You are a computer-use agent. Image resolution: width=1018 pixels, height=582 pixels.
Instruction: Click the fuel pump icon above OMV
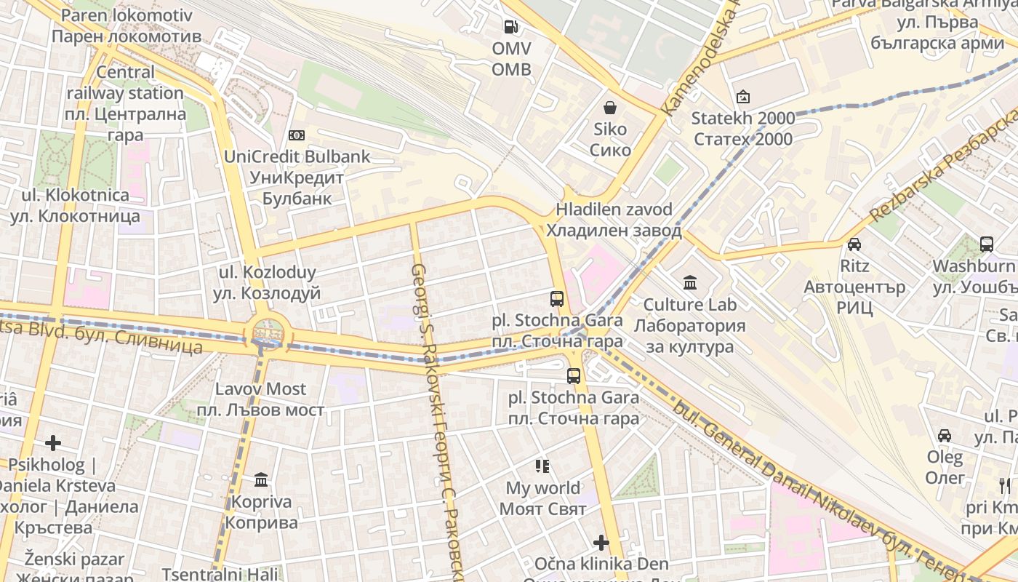coord(511,28)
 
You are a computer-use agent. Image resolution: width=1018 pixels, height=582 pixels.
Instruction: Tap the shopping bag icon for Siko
coord(610,108)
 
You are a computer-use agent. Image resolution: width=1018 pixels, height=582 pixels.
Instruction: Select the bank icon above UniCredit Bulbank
coord(297,135)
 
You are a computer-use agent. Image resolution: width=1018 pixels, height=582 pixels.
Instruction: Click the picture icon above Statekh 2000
coord(742,97)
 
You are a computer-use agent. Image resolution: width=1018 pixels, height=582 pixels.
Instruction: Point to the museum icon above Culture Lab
coord(689,282)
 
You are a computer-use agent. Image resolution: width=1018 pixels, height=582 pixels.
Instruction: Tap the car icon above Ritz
coord(854,244)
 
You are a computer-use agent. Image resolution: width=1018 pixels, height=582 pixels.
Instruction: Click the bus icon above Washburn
coord(986,244)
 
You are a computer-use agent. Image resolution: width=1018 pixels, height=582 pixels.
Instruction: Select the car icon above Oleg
coord(945,436)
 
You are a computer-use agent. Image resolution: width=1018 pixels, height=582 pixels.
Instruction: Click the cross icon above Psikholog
coord(53,442)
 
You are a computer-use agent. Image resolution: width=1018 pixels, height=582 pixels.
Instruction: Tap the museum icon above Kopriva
coord(261,480)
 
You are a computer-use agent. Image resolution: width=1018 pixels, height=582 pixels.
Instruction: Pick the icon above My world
coord(542,466)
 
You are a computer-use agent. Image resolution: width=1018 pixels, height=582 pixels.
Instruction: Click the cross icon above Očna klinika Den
coord(601,543)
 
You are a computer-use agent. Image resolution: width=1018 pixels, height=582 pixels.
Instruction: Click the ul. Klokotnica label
coord(75,205)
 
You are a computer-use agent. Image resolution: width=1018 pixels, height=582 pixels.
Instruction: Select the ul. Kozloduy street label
coord(268,283)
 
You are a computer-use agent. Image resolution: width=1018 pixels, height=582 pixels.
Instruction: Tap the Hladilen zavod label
coord(614,220)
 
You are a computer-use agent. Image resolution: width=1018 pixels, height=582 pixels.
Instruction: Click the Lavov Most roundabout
coord(268,334)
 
